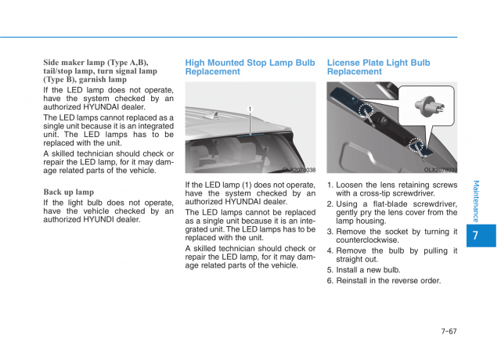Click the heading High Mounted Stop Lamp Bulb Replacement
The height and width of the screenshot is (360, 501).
click(250, 67)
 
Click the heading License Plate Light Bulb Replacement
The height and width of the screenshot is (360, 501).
click(378, 67)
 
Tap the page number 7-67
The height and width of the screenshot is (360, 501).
click(449, 331)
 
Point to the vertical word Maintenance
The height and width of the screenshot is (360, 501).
click(477, 201)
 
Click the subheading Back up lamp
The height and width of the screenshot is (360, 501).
click(68, 192)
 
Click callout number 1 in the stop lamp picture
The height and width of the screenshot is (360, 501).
click(250, 109)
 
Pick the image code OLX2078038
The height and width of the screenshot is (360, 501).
click(299, 170)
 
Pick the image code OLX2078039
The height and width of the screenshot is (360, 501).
click(441, 170)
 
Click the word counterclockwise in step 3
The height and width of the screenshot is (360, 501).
click(368, 241)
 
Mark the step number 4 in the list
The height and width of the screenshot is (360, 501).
click(330, 251)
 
